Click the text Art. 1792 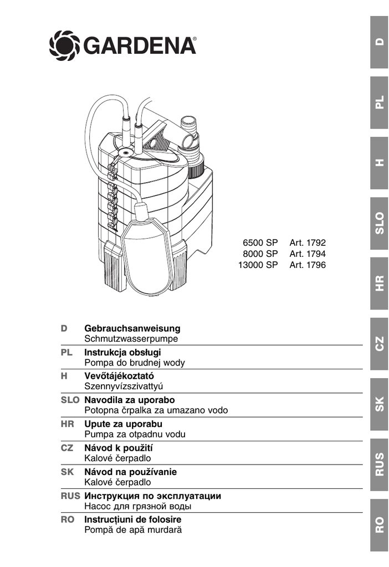pos(308,243)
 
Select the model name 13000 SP pos(258,265)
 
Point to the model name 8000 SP pos(260,254)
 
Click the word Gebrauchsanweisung pos(132,328)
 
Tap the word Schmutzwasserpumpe pos(131,338)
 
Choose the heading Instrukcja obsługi pos(122,352)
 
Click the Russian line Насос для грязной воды pos(138,506)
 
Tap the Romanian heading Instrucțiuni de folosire pos(133,520)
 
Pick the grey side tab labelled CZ pos(379,344)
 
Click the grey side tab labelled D pos(379,42)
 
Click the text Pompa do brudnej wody pos(135,363)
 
